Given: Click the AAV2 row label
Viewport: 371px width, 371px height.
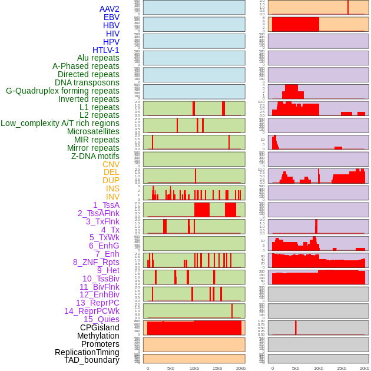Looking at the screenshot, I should (110, 9).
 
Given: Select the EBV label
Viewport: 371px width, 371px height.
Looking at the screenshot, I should (111, 18).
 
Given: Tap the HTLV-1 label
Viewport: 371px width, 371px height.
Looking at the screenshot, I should (106, 50).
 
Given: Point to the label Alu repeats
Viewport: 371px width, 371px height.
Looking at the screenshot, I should (98, 58).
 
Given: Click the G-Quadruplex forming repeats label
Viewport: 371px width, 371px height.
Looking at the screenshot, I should (62, 91).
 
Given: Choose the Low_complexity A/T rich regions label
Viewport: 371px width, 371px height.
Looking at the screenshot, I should (60, 123).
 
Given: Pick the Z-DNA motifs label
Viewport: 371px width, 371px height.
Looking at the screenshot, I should (95, 156).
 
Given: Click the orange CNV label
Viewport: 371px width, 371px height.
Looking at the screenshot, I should (111, 164).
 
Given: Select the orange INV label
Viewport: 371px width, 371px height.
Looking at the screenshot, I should (112, 197).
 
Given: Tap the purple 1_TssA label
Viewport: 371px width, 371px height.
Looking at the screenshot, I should (106, 205).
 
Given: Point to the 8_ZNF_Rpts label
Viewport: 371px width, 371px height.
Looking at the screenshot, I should (96, 262).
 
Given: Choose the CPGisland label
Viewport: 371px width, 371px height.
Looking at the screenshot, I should (100, 327).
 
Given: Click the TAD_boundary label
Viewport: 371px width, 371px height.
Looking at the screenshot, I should (92, 360).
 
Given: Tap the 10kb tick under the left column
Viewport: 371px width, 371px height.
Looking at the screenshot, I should (194, 369).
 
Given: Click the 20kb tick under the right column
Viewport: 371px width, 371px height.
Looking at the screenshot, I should (365, 369).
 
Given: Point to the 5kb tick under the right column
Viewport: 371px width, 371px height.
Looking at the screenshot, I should (296, 369).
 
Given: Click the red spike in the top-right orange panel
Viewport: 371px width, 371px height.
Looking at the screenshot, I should (347, 7).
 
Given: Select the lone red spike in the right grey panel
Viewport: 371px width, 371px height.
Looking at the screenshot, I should (296, 327).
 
